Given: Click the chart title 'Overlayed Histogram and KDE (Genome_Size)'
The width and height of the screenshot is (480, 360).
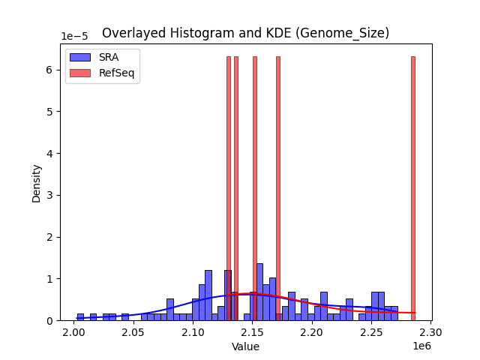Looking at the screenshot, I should pos(245,33).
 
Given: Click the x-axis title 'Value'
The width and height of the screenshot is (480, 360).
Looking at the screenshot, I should pos(245,346).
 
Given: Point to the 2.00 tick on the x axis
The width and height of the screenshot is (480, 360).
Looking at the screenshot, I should pos(73,332).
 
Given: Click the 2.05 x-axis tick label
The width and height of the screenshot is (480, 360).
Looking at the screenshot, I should pos(133,332).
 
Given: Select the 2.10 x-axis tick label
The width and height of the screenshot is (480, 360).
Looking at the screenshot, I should pos(193,332).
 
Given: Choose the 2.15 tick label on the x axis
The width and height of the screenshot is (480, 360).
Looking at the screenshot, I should pos(252,332).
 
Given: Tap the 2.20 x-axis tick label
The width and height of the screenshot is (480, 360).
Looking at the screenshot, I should pos(312,332).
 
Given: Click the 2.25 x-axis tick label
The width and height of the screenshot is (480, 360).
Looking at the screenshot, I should pos(371,332).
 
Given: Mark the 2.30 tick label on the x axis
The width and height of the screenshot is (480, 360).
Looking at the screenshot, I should pos(430,332).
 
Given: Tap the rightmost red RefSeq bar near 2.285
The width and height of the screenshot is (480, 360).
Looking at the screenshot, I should pos(412,187).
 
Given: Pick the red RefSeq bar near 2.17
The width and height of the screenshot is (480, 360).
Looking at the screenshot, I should pos(277,187).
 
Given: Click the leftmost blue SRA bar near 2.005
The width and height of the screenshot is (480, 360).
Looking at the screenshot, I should pos(80,317).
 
